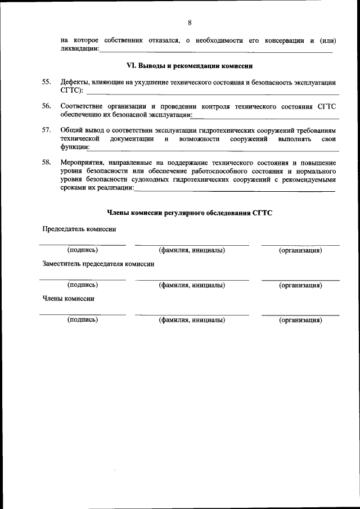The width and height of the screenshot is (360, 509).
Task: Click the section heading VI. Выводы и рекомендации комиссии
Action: point(190,66)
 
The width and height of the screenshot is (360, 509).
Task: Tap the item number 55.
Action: point(47,83)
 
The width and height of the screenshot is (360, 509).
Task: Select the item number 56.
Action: point(47,106)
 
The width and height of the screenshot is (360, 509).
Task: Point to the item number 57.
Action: point(47,130)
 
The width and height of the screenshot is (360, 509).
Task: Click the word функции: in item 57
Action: point(74,147)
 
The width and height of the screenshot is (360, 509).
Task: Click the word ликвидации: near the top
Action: point(79,49)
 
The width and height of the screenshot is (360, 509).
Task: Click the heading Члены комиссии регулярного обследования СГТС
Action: point(190,213)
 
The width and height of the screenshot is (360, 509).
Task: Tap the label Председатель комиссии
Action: point(79,229)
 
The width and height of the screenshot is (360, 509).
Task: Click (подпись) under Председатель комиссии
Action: point(82,250)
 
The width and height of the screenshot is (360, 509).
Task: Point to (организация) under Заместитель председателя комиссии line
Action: point(300,285)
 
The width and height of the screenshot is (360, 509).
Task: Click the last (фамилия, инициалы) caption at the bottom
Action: point(192,320)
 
